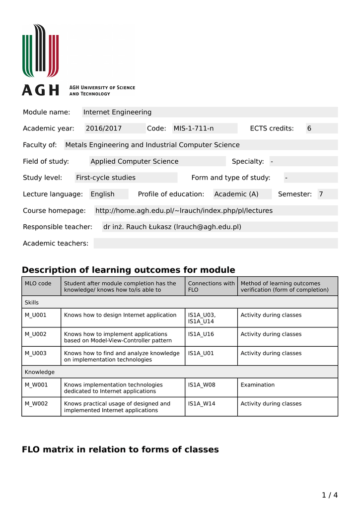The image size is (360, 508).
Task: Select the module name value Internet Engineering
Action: [x=117, y=112]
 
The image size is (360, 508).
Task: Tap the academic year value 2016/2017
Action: [x=104, y=128]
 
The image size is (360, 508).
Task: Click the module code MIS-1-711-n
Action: [x=194, y=128]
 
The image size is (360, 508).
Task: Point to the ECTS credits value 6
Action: [x=309, y=128]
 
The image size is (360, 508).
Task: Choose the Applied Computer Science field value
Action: [x=135, y=161]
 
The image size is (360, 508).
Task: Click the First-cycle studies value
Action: [x=106, y=178]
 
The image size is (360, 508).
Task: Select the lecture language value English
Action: [x=103, y=194]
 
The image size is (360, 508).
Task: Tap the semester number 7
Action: [x=321, y=194]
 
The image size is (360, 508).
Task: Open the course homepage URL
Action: [x=184, y=210]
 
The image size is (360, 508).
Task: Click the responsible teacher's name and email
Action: [x=172, y=227]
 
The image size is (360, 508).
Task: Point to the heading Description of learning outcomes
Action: [x=128, y=270]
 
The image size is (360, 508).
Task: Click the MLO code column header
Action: [x=38, y=284]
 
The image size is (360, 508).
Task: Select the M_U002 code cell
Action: [x=36, y=334]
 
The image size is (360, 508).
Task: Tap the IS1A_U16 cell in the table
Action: [x=201, y=334]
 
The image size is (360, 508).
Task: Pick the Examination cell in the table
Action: [x=258, y=384]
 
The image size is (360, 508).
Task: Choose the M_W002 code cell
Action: [x=36, y=404]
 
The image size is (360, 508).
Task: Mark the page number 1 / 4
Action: [x=330, y=495]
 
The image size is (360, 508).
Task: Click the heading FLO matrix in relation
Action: [x=120, y=449]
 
